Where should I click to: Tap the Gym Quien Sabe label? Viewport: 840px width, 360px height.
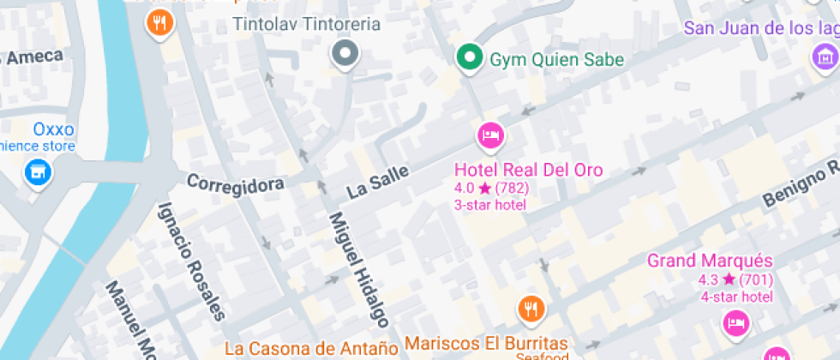[x=556, y=60]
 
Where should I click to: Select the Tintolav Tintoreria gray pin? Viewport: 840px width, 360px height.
[x=345, y=53]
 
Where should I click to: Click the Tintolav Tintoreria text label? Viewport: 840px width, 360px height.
[x=307, y=24]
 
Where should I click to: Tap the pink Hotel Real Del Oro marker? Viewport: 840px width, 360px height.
[x=490, y=135]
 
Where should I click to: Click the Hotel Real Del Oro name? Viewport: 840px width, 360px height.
[x=528, y=170]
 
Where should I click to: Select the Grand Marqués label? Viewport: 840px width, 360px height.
[x=710, y=261]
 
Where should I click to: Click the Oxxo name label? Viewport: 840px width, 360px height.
[x=53, y=130]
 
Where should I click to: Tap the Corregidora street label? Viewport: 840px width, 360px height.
[x=235, y=183]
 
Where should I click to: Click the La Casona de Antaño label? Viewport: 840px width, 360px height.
[x=311, y=348]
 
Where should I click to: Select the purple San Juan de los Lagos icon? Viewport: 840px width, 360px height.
[x=825, y=57]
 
